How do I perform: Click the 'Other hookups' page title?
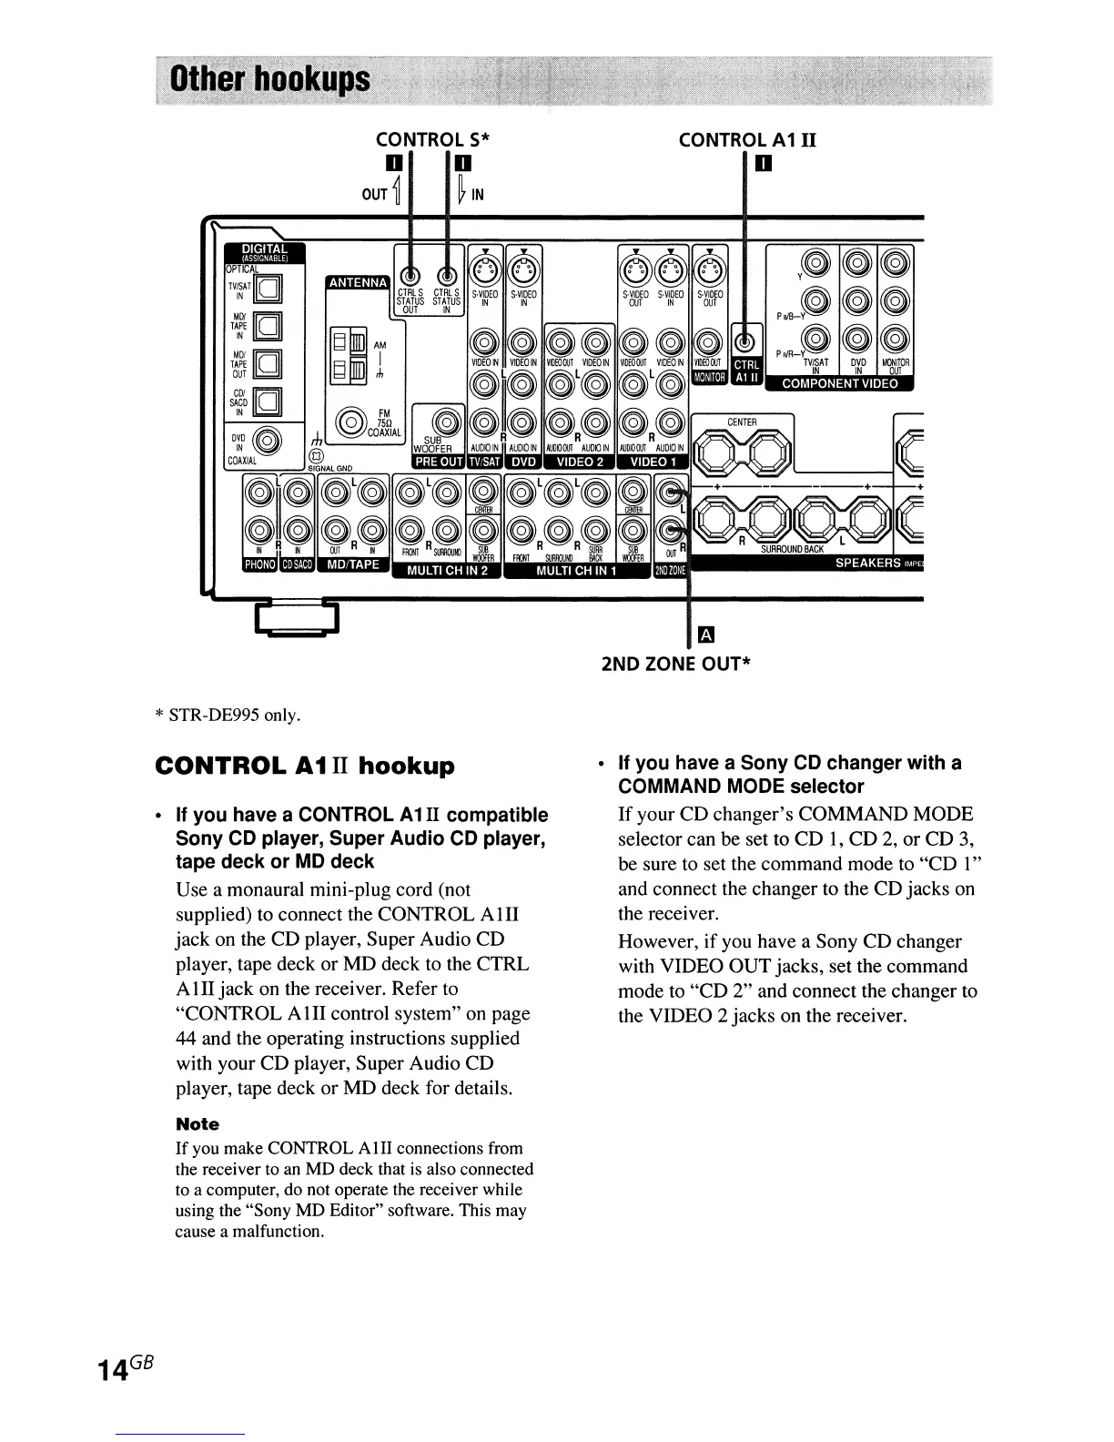point(264,80)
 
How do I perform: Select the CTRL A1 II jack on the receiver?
point(744,343)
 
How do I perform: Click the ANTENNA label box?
point(357,282)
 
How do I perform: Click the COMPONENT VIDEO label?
point(840,383)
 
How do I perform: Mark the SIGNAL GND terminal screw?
point(316,456)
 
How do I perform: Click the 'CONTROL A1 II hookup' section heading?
point(305,766)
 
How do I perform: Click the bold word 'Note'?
point(197,1124)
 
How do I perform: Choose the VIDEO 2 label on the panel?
point(581,462)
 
